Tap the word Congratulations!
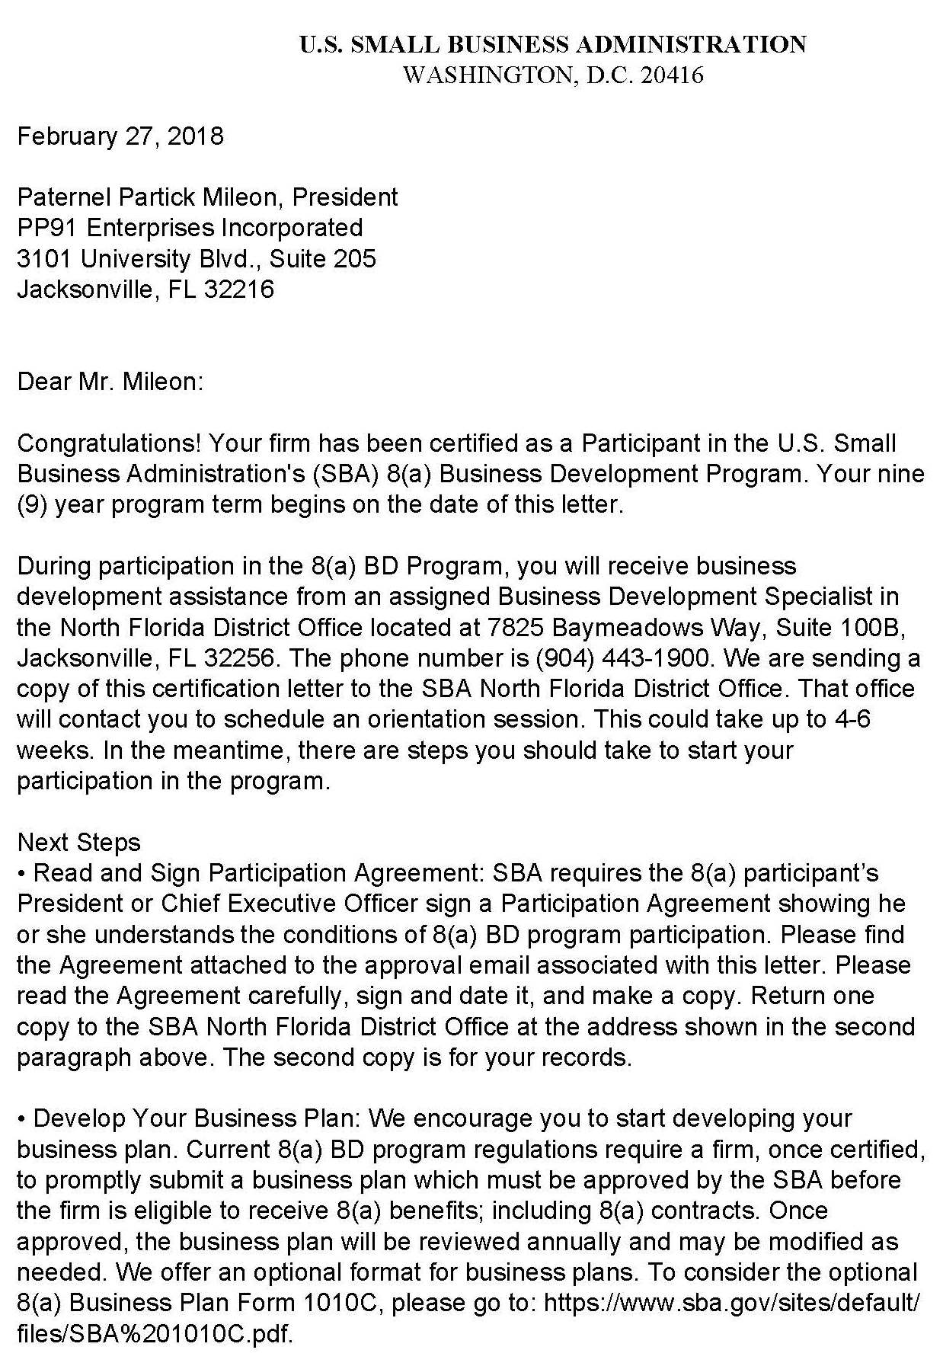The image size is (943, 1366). tap(109, 443)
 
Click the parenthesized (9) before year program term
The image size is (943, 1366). tap(28, 505)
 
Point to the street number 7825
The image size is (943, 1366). tap(512, 628)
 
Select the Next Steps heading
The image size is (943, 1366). tap(79, 843)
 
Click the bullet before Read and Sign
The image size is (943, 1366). tap(21, 873)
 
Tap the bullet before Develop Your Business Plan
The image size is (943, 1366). tap(21, 1118)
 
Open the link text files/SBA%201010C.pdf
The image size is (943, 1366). tap(155, 1334)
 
